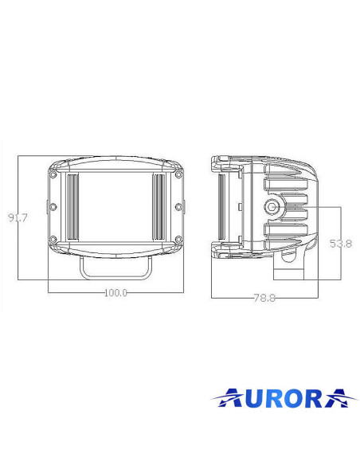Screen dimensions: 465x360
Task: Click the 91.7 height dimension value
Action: pyautogui.click(x=17, y=218)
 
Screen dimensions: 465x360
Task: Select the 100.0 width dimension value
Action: pyautogui.click(x=115, y=292)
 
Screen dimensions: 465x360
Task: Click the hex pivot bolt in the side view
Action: pyautogui.click(x=274, y=207)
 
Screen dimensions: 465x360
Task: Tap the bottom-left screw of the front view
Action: pyautogui.click(x=53, y=240)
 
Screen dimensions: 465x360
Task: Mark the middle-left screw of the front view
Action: pyautogui.click(x=53, y=207)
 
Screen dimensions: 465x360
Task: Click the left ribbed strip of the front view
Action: pyautogui.click(x=72, y=208)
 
